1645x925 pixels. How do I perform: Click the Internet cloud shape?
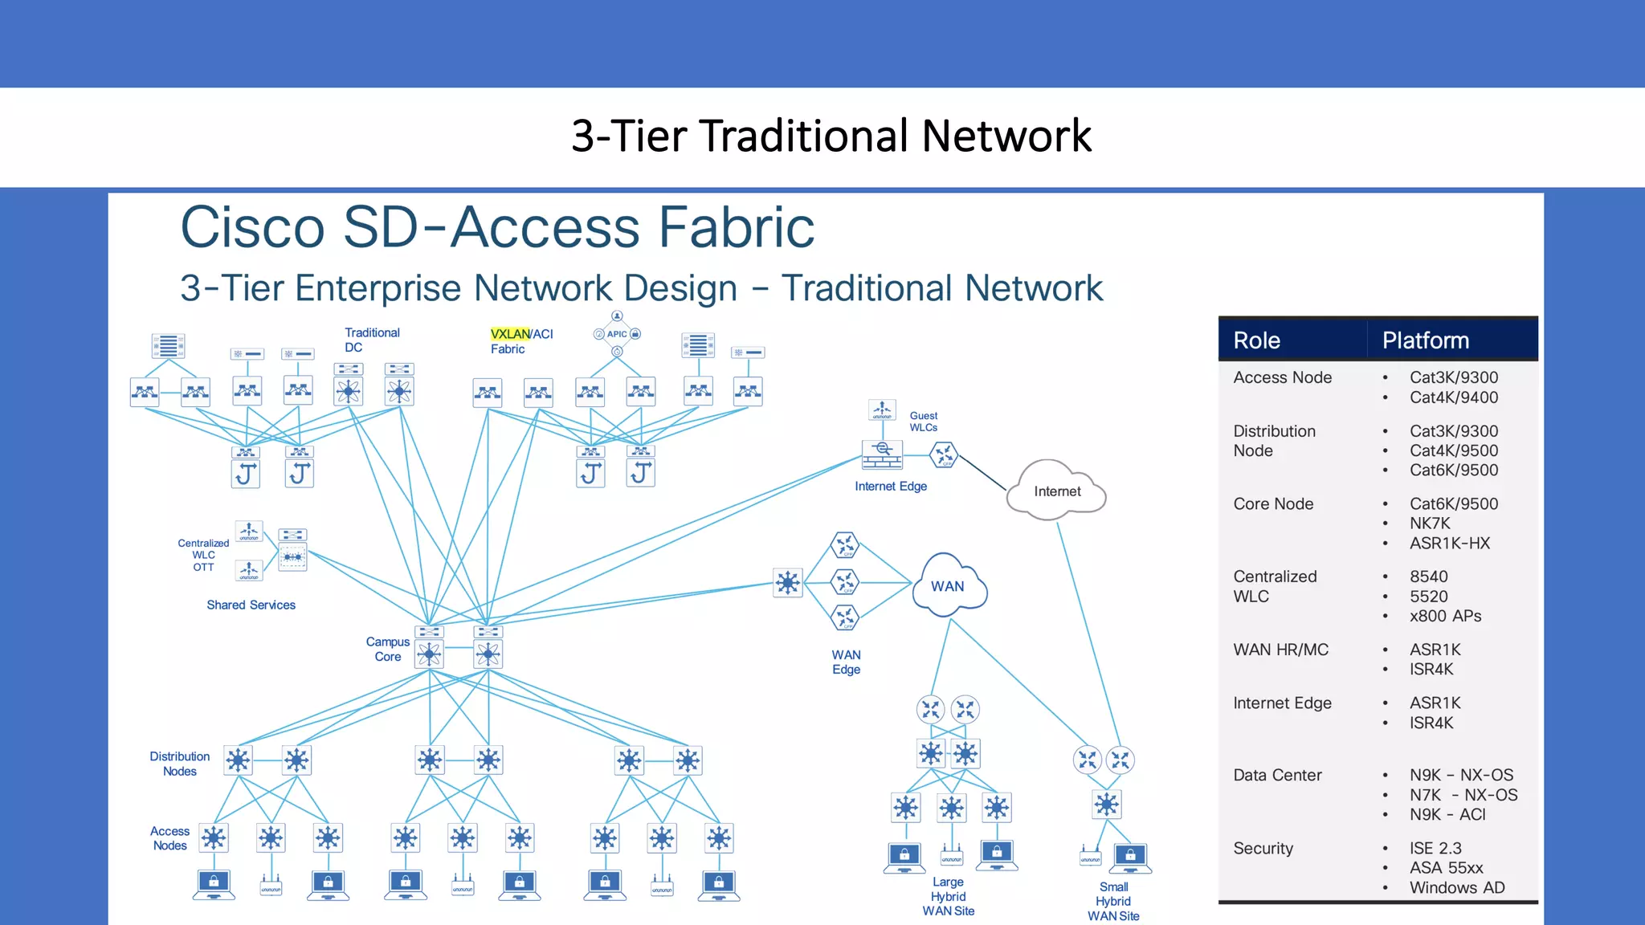click(x=1056, y=491)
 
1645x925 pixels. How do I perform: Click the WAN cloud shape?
click(x=948, y=586)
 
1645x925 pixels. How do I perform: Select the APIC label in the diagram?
click(x=617, y=334)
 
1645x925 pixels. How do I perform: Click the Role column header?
click(x=1257, y=340)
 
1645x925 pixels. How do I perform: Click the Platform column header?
click(x=1426, y=340)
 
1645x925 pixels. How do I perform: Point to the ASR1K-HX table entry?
click(x=1450, y=544)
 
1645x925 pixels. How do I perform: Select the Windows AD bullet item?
click(x=1457, y=887)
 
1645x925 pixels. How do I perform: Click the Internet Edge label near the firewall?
click(x=891, y=487)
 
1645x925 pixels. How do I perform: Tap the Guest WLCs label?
click(x=924, y=422)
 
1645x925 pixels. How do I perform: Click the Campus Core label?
click(x=388, y=649)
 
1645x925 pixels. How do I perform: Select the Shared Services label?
click(x=251, y=605)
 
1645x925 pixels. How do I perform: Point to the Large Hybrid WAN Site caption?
click(x=949, y=896)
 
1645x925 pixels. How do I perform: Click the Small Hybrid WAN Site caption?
click(x=1113, y=901)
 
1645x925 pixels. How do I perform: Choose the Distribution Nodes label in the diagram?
click(x=179, y=764)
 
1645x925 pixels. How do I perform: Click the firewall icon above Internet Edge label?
click(x=882, y=454)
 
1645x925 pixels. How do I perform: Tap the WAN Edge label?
click(x=846, y=662)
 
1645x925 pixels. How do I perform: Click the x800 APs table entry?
click(x=1446, y=616)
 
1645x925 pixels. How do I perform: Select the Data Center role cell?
click(x=1277, y=776)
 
